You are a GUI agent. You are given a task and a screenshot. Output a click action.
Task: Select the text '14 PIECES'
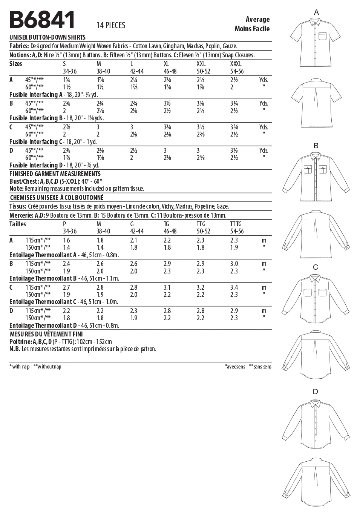tap(111, 25)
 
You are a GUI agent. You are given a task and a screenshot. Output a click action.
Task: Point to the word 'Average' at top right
tap(257, 19)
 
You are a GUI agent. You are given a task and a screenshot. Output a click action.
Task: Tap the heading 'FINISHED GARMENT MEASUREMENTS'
tap(55, 174)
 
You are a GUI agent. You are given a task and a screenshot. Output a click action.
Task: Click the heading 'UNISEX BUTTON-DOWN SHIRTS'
tap(47, 37)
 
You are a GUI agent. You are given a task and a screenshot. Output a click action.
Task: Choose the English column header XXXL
tap(236, 64)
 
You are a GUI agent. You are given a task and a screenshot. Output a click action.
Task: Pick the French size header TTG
tap(201, 224)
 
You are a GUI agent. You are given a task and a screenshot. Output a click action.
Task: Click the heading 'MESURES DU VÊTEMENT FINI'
tap(46, 334)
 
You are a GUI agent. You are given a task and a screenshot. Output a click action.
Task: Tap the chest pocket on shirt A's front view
tap(323, 36)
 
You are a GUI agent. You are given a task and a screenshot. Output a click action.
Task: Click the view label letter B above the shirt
tap(316, 146)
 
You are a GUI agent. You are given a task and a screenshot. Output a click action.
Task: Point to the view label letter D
tap(315, 392)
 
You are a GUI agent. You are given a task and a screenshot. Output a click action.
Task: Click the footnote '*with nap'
tap(20, 367)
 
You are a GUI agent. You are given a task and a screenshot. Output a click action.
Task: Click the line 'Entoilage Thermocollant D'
tap(64, 326)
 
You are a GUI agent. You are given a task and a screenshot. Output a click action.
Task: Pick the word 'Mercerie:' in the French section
tap(21, 215)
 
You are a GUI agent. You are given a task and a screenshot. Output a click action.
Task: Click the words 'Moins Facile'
tap(252, 29)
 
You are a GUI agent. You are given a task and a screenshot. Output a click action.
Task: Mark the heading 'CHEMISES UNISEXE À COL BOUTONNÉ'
tap(57, 198)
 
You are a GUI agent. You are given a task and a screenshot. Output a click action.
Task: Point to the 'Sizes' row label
tap(16, 64)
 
